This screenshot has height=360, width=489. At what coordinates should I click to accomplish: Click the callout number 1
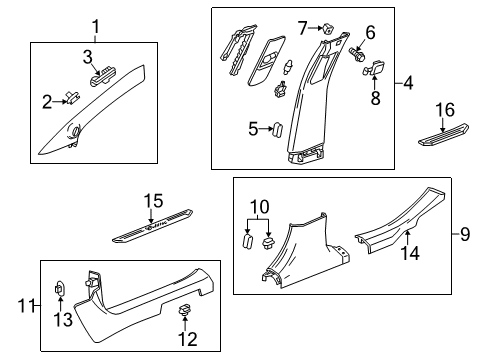pyautogui.click(x=96, y=26)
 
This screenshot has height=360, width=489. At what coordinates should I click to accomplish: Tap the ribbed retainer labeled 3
pyautogui.click(x=103, y=71)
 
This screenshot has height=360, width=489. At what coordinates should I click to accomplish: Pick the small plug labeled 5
pyautogui.click(x=279, y=128)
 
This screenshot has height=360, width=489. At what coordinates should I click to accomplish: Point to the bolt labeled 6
pyautogui.click(x=357, y=54)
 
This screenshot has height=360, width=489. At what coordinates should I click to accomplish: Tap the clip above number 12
pyautogui.click(x=183, y=312)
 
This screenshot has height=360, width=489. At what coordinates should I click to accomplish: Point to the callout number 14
pyautogui.click(x=408, y=265)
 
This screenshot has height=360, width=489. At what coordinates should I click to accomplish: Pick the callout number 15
pyautogui.click(x=151, y=202)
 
